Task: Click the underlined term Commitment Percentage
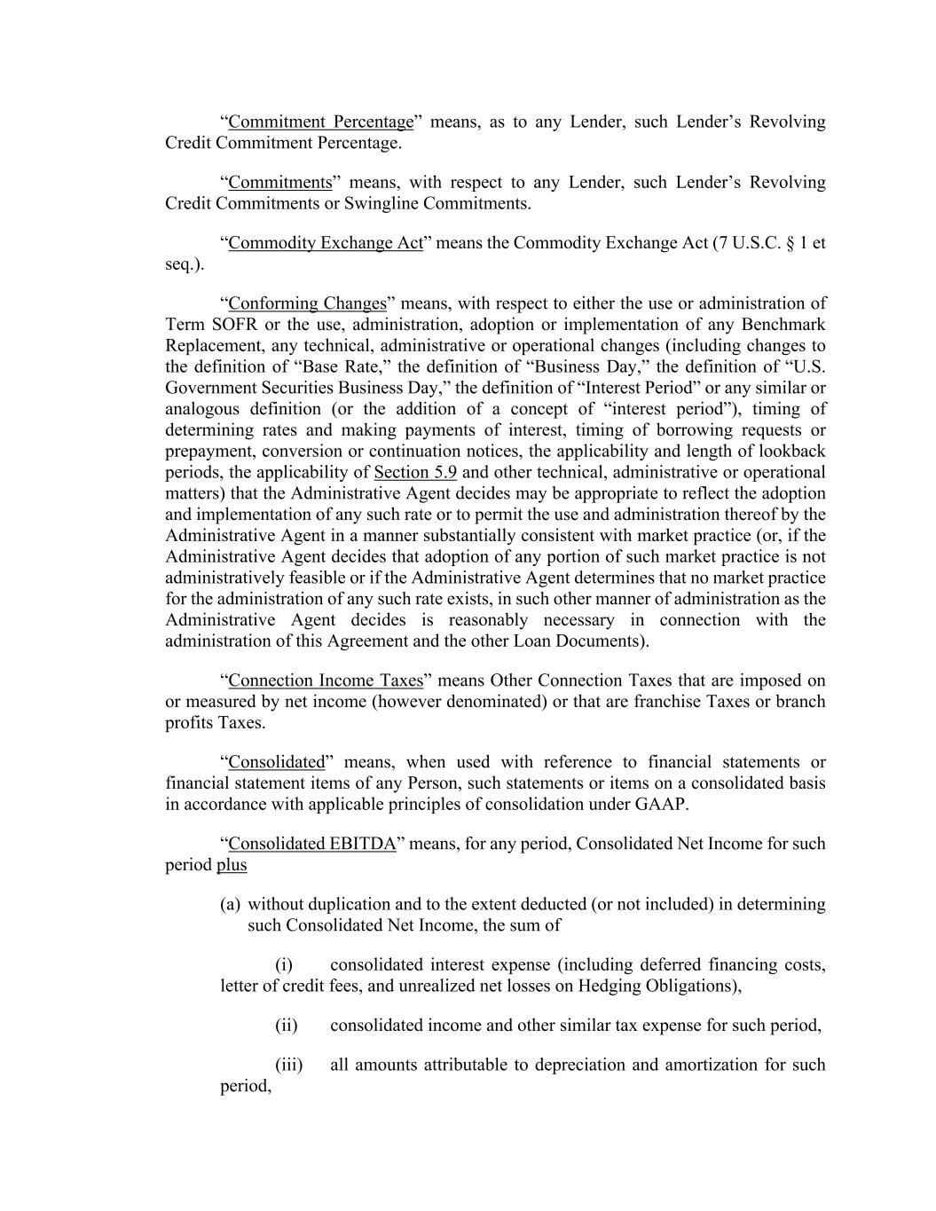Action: coord(320,122)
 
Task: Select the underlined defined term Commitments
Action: coord(279,183)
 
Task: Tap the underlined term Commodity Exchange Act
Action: coord(326,243)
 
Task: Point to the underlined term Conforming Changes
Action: coord(307,303)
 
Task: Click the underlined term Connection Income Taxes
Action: coord(326,680)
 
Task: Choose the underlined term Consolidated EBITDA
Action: coord(311,844)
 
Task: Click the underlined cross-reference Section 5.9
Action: coord(415,472)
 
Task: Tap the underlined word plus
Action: coord(232,865)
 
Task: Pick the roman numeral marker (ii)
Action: coord(286,1026)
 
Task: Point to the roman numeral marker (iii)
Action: coord(288,1065)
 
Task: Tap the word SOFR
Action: coord(234,325)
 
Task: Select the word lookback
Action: coord(791,451)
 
